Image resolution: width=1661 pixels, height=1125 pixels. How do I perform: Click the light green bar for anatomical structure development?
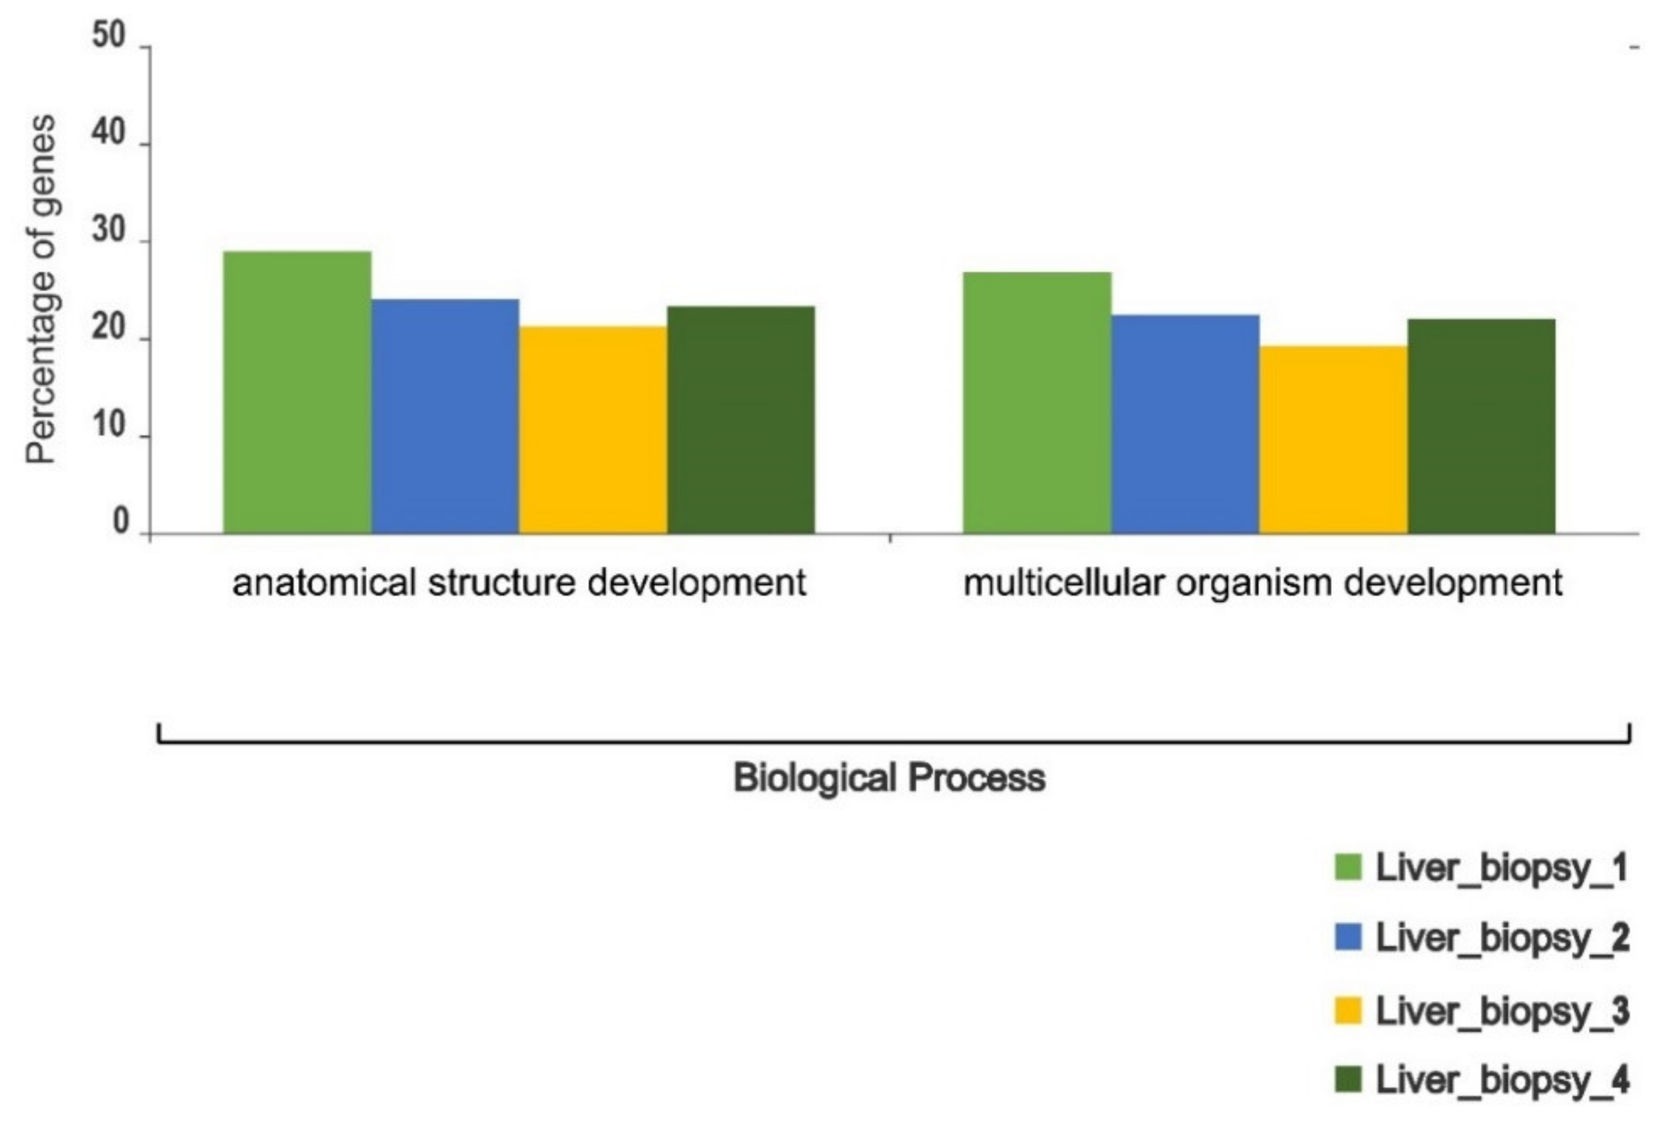(297, 392)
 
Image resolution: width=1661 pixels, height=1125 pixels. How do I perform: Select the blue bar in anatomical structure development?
(445, 416)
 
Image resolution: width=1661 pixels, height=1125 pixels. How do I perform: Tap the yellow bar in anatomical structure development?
(593, 429)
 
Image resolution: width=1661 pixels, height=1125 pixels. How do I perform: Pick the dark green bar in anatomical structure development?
(741, 419)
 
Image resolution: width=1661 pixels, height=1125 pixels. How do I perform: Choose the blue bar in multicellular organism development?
(1185, 424)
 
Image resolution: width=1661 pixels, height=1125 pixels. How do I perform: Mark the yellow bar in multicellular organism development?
(1333, 439)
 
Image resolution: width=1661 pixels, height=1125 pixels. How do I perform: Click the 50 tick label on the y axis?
(108, 36)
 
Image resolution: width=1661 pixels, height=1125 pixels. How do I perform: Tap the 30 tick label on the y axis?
(108, 232)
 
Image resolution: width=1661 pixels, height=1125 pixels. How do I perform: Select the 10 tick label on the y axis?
(108, 426)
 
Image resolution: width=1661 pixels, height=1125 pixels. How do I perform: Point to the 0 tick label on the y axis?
(120, 522)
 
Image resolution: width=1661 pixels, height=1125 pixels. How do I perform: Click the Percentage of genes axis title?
(41, 289)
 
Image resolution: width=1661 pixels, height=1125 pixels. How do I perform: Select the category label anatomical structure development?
(519, 583)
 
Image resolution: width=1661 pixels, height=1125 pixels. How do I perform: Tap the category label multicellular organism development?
(1262, 583)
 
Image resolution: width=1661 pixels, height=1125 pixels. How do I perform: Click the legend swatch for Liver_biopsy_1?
(1347, 867)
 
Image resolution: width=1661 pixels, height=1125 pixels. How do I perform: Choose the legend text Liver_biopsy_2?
(1502, 938)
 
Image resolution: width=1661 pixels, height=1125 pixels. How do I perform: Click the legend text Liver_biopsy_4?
(1502, 1080)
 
